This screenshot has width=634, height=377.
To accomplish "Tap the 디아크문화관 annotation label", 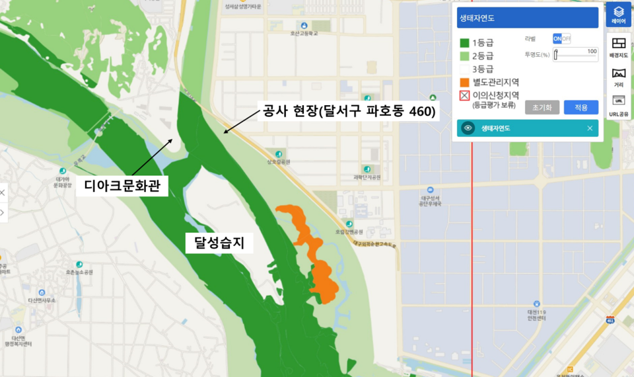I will tap(122, 186).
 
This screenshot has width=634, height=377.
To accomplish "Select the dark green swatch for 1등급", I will tap(464, 43).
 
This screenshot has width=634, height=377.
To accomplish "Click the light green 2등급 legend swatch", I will tap(464, 56).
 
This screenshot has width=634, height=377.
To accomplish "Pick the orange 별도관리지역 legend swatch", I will tap(464, 82).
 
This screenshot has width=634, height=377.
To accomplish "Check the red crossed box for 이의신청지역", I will tap(464, 96).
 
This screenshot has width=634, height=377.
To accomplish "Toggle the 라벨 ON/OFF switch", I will tap(561, 39).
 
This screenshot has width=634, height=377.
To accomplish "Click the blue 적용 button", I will tap(581, 107).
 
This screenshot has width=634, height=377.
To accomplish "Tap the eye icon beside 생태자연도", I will tap(468, 128).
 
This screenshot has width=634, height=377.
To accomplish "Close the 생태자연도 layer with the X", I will tap(590, 128).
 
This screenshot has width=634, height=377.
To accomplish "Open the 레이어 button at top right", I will tap(619, 15).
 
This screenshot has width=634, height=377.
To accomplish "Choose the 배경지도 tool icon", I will tap(619, 45).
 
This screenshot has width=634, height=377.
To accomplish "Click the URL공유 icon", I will tap(619, 105).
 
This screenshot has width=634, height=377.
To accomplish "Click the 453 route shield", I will tap(610, 320).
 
